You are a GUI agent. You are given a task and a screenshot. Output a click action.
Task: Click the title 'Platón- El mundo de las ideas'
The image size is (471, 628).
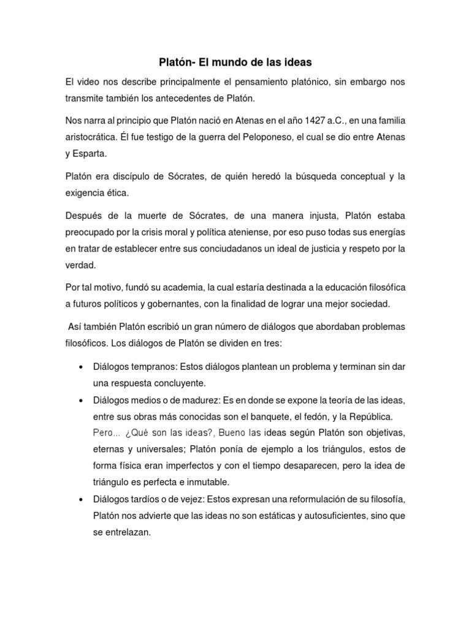[235, 62]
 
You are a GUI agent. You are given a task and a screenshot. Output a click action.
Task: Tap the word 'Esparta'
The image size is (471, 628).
[91, 153]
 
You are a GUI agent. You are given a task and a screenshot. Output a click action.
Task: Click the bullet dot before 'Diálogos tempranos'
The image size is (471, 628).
[82, 367]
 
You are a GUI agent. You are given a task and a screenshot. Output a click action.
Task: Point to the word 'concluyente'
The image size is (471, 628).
[178, 383]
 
